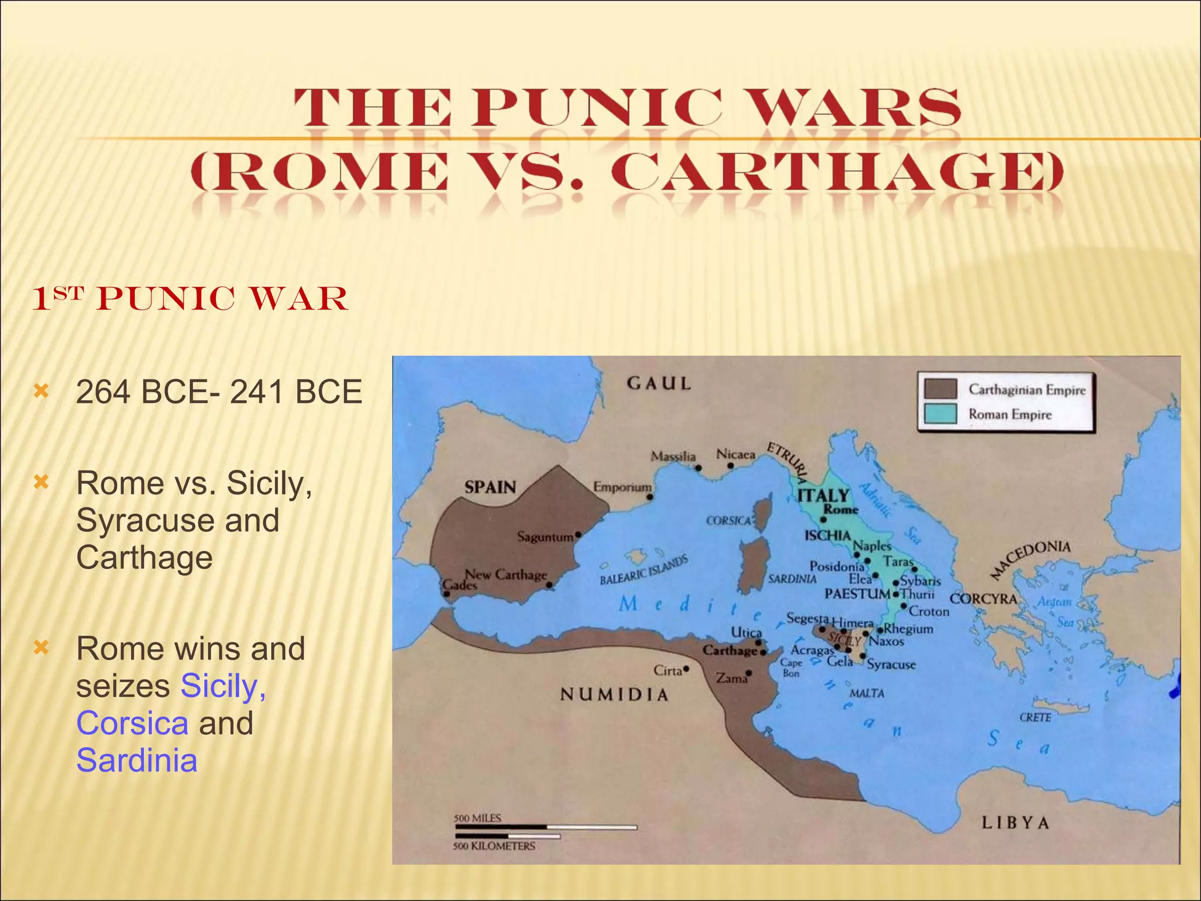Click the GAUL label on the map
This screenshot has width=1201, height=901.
click(x=659, y=384)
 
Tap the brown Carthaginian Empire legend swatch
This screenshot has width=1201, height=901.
click(x=940, y=389)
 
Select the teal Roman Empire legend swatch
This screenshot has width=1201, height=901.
click(x=940, y=414)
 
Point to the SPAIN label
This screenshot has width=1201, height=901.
click(x=490, y=487)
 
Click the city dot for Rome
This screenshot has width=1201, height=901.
click(x=823, y=520)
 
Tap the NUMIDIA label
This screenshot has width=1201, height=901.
click(x=615, y=695)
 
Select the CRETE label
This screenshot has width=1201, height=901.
click(x=1035, y=717)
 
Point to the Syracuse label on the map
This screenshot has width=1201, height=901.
click(x=891, y=665)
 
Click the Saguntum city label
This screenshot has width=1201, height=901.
click(x=545, y=537)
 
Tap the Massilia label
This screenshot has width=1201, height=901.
click(x=673, y=456)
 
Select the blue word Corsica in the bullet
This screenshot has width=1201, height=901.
click(x=133, y=723)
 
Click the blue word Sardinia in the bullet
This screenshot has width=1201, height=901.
click(x=137, y=760)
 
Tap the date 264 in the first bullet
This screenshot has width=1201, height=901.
click(x=103, y=392)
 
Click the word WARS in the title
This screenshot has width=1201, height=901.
click(x=850, y=108)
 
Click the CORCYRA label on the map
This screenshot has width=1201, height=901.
click(x=983, y=599)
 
